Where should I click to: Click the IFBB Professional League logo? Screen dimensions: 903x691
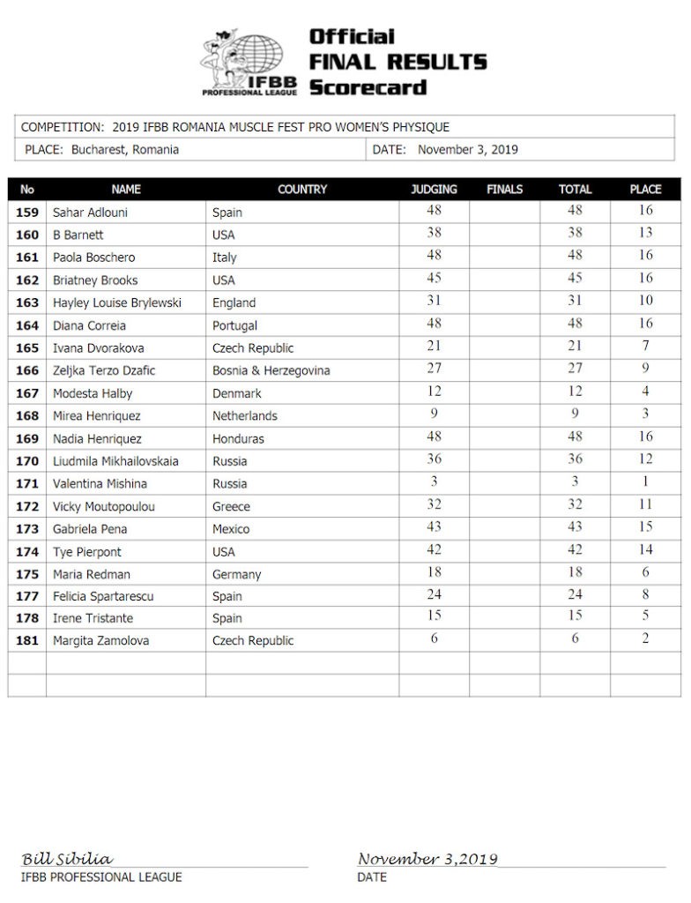[x=248, y=62]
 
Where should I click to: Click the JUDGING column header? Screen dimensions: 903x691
[x=434, y=190]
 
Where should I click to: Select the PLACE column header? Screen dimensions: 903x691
[x=645, y=190]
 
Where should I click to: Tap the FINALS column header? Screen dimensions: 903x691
[x=504, y=190]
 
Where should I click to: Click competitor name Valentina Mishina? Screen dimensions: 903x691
[x=100, y=483]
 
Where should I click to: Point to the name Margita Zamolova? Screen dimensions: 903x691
[x=100, y=641]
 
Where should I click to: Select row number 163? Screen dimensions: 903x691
[x=27, y=302]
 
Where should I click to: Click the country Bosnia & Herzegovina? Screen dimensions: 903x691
[x=271, y=370]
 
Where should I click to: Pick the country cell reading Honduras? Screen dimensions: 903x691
[x=238, y=438]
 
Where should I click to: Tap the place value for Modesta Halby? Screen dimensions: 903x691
[x=645, y=391]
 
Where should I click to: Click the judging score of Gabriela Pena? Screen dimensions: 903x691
[x=434, y=526]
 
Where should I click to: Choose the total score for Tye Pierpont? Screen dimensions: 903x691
[x=575, y=549]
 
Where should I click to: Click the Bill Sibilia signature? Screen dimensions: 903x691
[x=67, y=859]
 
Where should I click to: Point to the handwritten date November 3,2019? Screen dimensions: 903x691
[x=427, y=859]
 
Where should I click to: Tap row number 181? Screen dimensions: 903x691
[x=27, y=641]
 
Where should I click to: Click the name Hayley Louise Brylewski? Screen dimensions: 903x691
[x=116, y=302]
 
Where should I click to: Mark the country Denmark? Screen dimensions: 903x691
[x=237, y=393]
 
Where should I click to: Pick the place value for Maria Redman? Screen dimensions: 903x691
[x=645, y=571]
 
